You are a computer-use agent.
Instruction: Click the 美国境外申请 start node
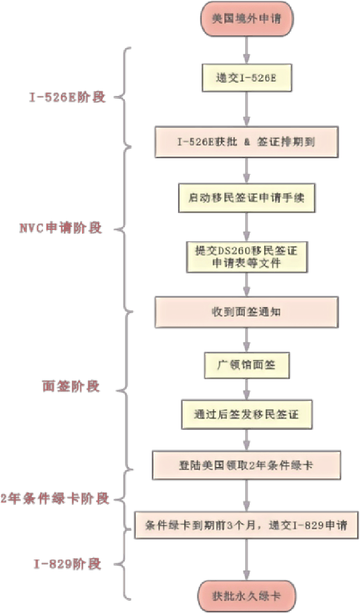[246, 18]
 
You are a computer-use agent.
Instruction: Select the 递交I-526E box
[246, 78]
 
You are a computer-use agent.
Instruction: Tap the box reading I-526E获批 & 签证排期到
[246, 141]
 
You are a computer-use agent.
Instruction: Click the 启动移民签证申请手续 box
[246, 198]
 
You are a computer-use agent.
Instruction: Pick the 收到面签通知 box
[246, 312]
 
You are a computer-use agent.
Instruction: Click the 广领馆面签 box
[246, 364]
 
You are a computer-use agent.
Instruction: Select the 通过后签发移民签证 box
[246, 414]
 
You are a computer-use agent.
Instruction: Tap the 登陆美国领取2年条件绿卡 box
[246, 465]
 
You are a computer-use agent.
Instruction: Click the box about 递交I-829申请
[246, 524]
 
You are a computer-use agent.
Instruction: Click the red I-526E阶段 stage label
[67, 97]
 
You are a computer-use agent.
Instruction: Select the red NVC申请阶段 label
[61, 228]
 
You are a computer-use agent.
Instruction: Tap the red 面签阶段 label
[71, 387]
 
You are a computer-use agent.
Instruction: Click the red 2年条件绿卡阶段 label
[55, 499]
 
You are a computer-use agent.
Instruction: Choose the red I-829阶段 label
[68, 564]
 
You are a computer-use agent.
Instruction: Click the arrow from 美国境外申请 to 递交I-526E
[246, 49]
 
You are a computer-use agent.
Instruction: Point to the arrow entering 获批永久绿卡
[246, 561]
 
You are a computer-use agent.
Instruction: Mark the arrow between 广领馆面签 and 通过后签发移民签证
[246, 389]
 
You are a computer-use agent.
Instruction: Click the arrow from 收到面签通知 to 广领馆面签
[246, 339]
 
